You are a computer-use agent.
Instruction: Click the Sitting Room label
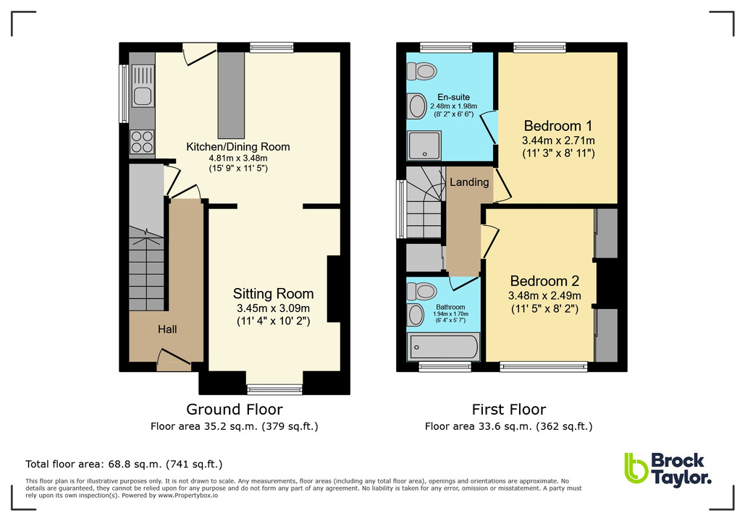click(273, 294)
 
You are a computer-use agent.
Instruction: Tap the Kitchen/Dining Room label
click(237, 147)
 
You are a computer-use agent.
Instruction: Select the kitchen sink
click(142, 86)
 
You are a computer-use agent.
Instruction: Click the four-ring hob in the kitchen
click(142, 141)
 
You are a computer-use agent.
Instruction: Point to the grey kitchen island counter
click(232, 95)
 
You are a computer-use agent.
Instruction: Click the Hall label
click(167, 329)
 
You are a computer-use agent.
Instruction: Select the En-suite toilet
click(419, 71)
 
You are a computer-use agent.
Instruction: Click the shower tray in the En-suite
click(424, 145)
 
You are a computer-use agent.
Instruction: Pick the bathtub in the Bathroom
click(442, 347)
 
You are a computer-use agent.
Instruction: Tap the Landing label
click(468, 182)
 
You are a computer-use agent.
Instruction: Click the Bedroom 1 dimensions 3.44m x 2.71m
click(558, 140)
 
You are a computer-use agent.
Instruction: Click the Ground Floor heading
click(235, 410)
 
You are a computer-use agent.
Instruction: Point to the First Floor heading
click(508, 410)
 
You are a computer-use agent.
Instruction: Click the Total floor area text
click(124, 464)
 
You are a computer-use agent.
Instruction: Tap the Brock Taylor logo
click(667, 468)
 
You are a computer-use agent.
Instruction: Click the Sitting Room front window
click(274, 389)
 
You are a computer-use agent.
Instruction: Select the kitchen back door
click(199, 53)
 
